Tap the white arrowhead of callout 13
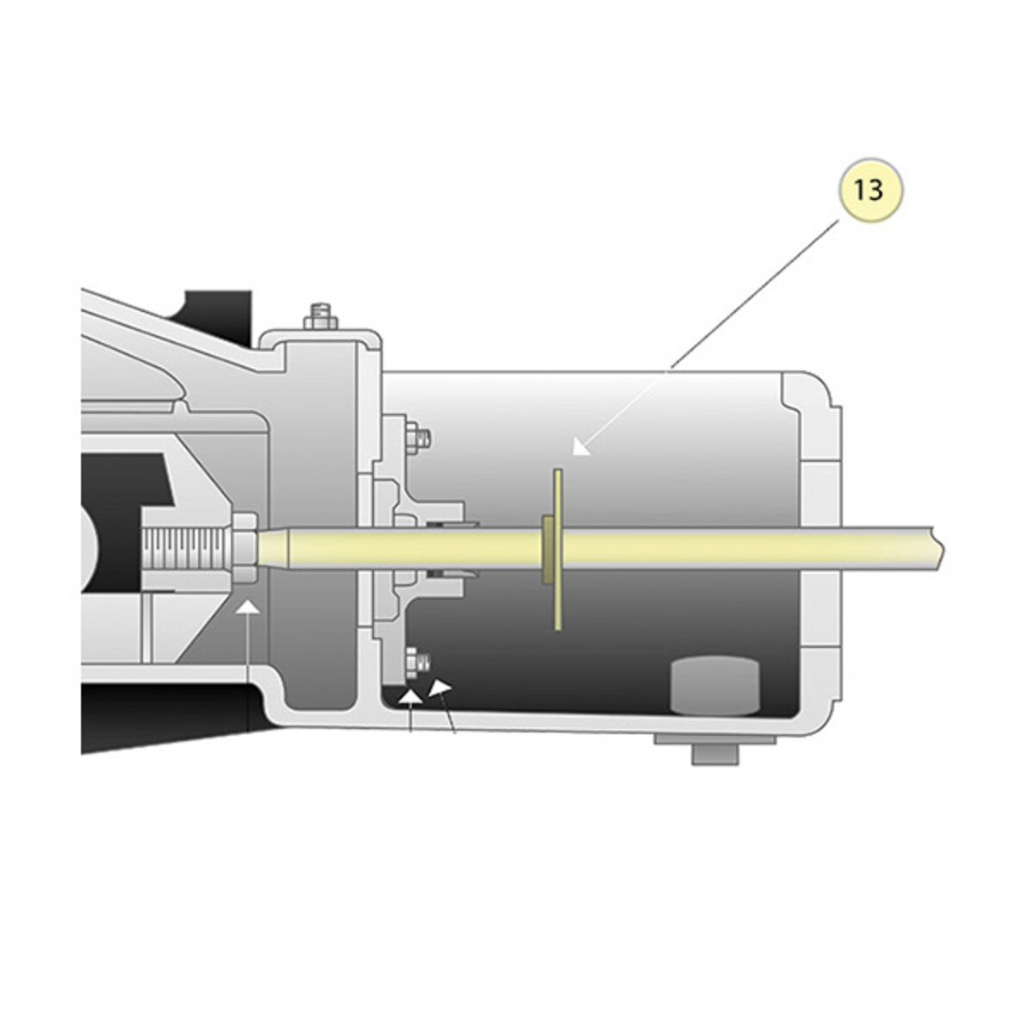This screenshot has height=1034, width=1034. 579,446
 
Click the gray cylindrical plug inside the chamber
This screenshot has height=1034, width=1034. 714,687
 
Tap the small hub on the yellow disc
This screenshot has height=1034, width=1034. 547,549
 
